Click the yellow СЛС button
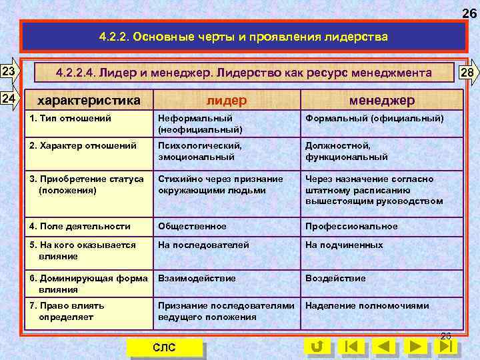tap(164, 347)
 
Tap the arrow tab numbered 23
tap(10, 71)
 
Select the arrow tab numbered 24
tap(10, 99)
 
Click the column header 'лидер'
tap(226, 100)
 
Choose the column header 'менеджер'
tap(382, 100)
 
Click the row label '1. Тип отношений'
tap(71, 118)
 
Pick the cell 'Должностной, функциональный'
tap(347, 151)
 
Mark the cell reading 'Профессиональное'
tap(351, 226)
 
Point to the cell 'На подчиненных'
tap(344, 245)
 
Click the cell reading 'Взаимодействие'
tap(197, 278)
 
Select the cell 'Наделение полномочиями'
tap(367, 305)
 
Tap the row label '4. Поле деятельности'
tap(81, 226)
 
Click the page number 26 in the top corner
tap(469, 13)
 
